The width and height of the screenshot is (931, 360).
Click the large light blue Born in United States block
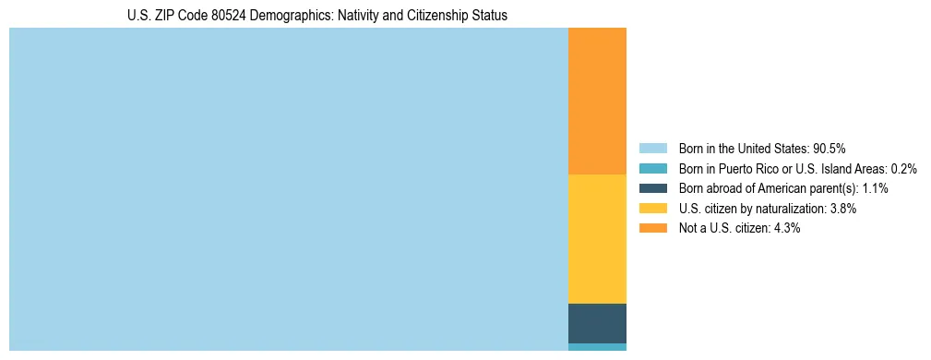tap(288, 189)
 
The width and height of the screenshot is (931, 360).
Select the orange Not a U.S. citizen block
tap(597, 102)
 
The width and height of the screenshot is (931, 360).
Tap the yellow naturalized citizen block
tap(597, 238)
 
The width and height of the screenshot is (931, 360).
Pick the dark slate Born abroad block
tap(597, 323)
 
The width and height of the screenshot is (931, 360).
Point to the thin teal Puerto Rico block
tap(597, 347)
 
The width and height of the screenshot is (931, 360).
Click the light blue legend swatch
tap(652, 149)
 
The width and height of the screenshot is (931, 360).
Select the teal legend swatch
tap(652, 169)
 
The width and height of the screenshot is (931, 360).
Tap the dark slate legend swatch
tap(652, 188)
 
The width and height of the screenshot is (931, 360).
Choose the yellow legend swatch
tap(652, 209)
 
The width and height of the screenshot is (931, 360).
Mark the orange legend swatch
tap(652, 229)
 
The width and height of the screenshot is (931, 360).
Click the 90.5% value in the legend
tap(830, 149)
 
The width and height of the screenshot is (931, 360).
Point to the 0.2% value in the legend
tap(903, 169)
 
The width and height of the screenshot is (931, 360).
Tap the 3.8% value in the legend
tap(843, 209)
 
